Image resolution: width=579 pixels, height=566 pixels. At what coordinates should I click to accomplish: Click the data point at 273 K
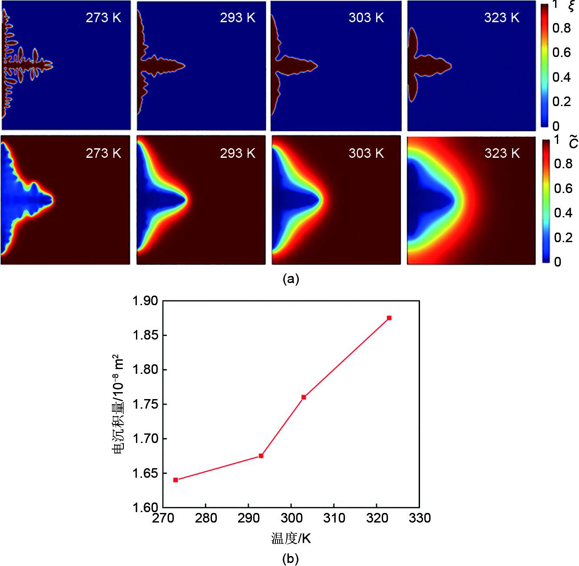[175, 480]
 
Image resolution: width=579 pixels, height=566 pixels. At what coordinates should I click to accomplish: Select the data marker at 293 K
[261, 456]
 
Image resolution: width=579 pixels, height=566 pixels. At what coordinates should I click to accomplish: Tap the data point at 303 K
[304, 397]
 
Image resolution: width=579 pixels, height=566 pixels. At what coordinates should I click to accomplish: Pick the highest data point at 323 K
[389, 318]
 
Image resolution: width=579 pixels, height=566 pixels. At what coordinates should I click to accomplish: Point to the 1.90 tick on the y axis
[145, 301]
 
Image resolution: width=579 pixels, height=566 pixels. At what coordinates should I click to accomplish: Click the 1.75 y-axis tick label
[145, 404]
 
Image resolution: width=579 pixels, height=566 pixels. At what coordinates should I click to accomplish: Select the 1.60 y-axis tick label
[145, 508]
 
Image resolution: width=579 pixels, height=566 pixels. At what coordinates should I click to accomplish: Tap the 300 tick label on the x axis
[291, 518]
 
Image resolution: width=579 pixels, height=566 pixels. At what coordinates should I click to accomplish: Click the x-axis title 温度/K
[291, 539]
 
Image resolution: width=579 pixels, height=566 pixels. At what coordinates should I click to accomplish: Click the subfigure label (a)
[291, 279]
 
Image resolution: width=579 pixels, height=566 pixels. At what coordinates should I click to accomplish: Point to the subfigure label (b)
[290, 558]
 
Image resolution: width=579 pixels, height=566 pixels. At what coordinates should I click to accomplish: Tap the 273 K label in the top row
[103, 18]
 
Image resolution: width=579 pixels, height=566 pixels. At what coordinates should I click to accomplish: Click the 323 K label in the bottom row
[502, 153]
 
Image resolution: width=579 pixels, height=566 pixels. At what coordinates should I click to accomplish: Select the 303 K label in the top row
[366, 18]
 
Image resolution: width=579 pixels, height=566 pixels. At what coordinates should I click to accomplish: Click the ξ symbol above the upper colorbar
[571, 5]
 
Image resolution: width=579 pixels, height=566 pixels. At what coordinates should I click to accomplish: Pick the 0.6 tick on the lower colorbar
[563, 188]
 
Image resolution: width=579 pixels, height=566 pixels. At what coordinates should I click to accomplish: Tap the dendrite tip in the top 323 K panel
[450, 66]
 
